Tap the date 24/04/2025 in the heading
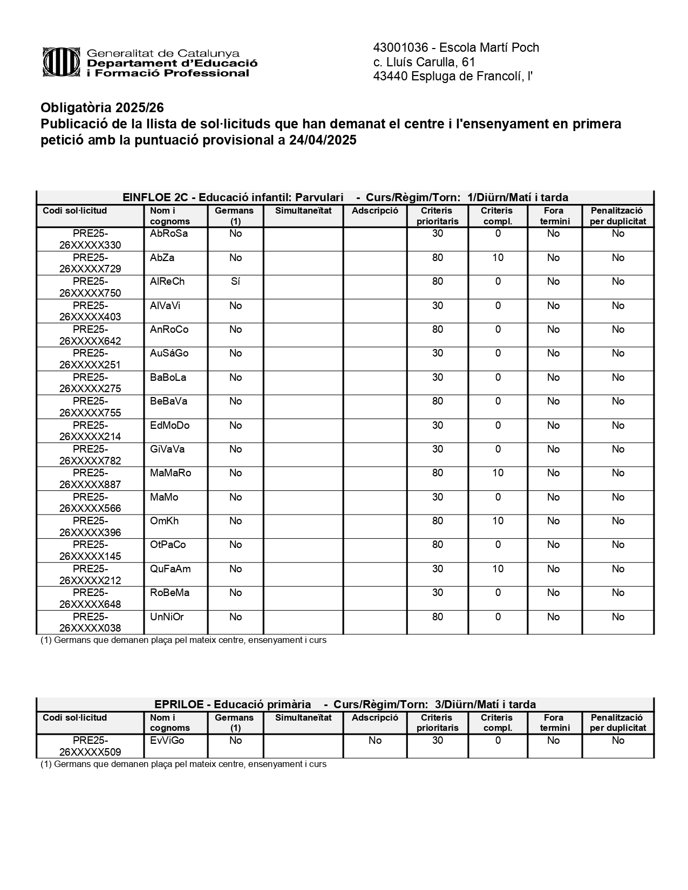click(323, 140)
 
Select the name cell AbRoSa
click(169, 234)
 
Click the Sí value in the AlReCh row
click(235, 282)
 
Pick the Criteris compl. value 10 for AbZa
click(498, 258)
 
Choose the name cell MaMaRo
click(171, 473)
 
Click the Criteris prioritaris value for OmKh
click(437, 521)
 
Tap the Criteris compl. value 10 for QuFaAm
click(498, 569)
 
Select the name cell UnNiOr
click(167, 617)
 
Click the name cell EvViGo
click(167, 741)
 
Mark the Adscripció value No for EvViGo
click(375, 741)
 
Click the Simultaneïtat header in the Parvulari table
click(303, 211)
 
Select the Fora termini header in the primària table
click(554, 723)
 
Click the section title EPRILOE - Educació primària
click(233, 704)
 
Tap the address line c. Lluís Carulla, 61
click(424, 62)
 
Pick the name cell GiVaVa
click(167, 449)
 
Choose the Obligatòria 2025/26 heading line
click(102, 108)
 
